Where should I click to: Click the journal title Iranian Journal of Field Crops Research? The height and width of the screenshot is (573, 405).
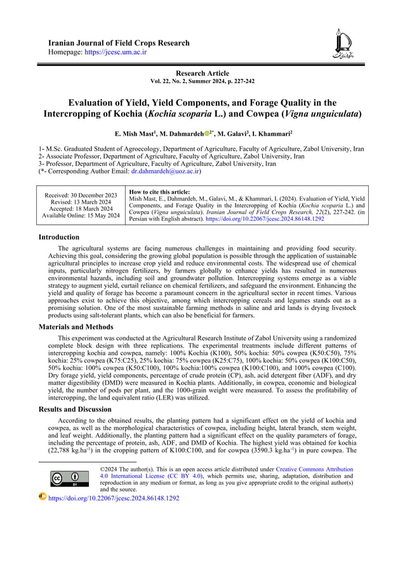119,43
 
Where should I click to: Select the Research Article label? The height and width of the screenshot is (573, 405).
202,74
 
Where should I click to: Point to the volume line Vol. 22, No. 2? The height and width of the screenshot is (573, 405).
202,82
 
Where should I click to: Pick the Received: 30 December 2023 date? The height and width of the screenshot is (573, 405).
81,195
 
